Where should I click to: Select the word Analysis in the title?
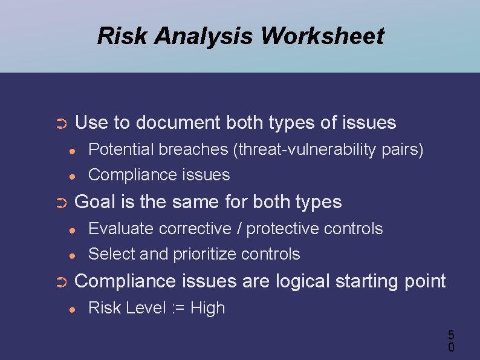[204, 36]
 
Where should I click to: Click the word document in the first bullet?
[178, 123]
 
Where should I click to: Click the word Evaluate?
[121, 229]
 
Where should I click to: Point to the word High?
[207, 308]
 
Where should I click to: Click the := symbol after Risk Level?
[178, 308]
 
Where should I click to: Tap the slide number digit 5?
[451, 335]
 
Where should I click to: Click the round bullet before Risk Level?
[72, 310]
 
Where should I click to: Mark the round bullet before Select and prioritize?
[72, 256]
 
